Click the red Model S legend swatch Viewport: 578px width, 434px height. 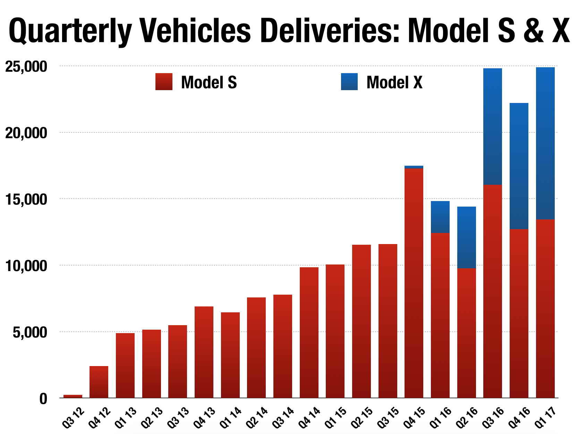click(164, 82)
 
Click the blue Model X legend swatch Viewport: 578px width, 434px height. click(349, 82)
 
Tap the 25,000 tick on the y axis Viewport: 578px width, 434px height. click(26, 67)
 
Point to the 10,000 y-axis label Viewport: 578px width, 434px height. click(26, 266)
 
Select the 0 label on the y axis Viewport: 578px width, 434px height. click(43, 399)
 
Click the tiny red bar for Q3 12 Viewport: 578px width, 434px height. click(73, 396)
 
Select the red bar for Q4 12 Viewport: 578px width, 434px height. click(99, 382)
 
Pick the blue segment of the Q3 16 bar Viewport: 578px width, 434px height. click(492, 127)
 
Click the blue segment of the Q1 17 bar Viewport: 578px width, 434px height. click(545, 143)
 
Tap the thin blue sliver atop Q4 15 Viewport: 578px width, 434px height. click(414, 167)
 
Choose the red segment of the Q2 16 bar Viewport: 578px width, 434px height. click(466, 333)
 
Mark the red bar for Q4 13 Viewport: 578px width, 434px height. click(204, 352)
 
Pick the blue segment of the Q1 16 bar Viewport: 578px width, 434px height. click(440, 217)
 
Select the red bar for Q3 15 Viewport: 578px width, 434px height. click(388, 321)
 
